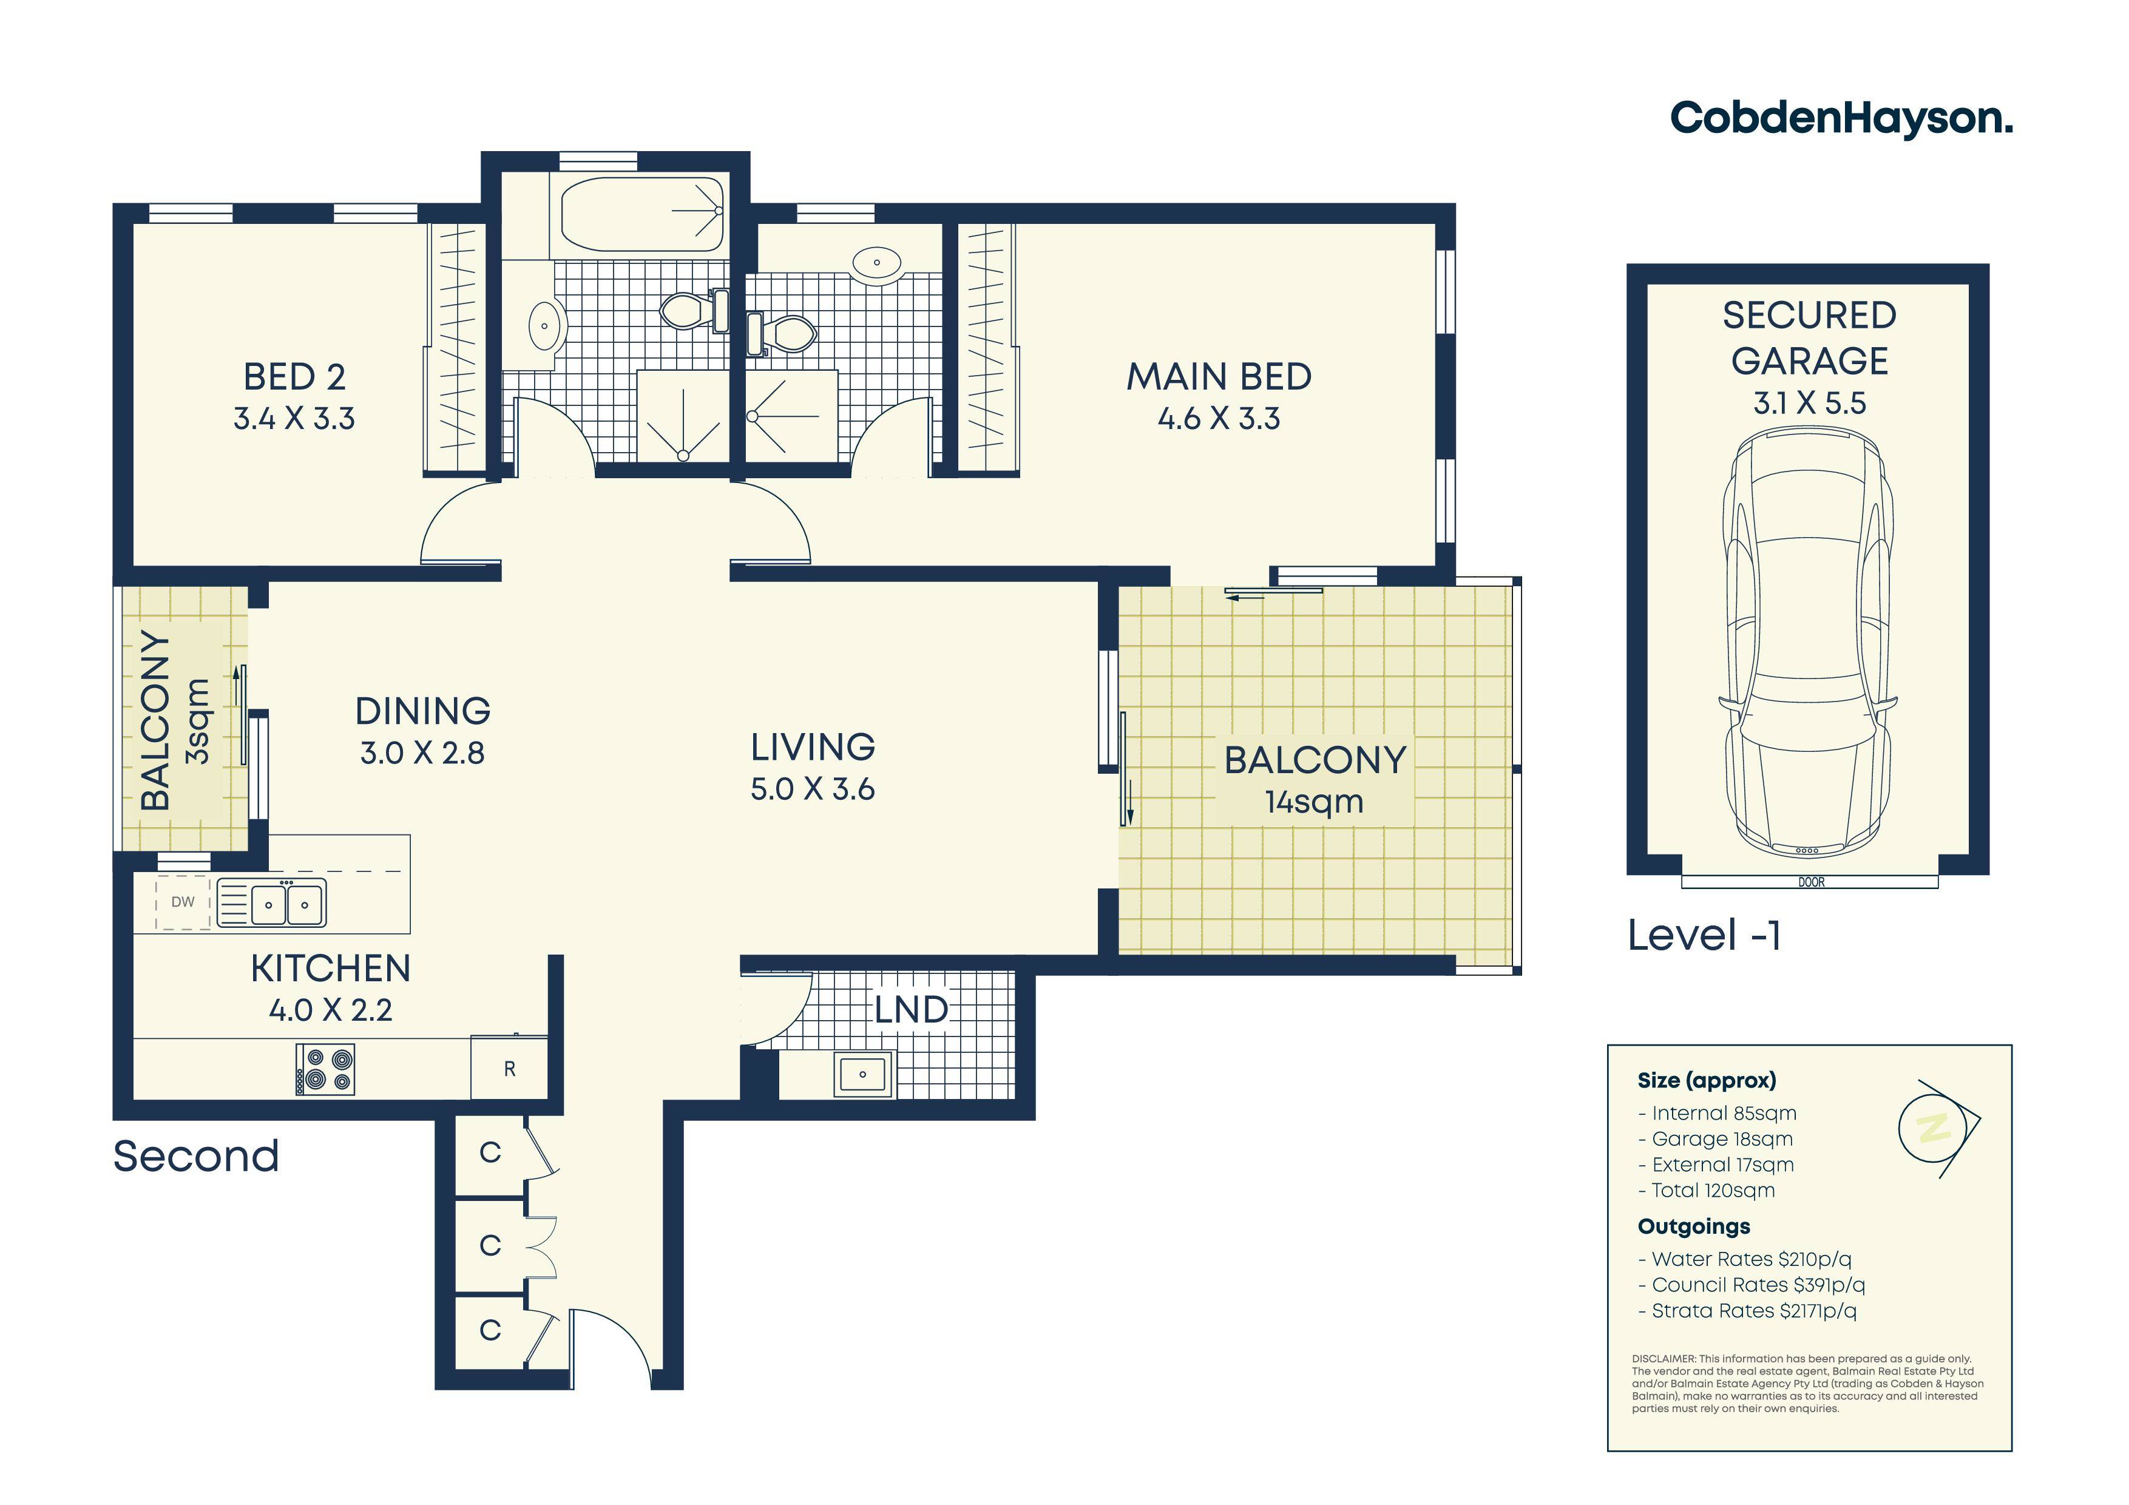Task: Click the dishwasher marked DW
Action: tap(183, 901)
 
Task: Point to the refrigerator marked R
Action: tap(509, 1068)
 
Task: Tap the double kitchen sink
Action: tap(272, 903)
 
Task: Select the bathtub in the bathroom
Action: tap(641, 214)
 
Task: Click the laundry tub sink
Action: tap(863, 1074)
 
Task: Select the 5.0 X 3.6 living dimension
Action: tap(812, 789)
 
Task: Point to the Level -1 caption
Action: tap(1704, 935)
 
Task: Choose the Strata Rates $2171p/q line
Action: tap(1748, 1310)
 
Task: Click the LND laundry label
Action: tap(912, 1010)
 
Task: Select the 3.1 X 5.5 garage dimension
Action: tap(1809, 404)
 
